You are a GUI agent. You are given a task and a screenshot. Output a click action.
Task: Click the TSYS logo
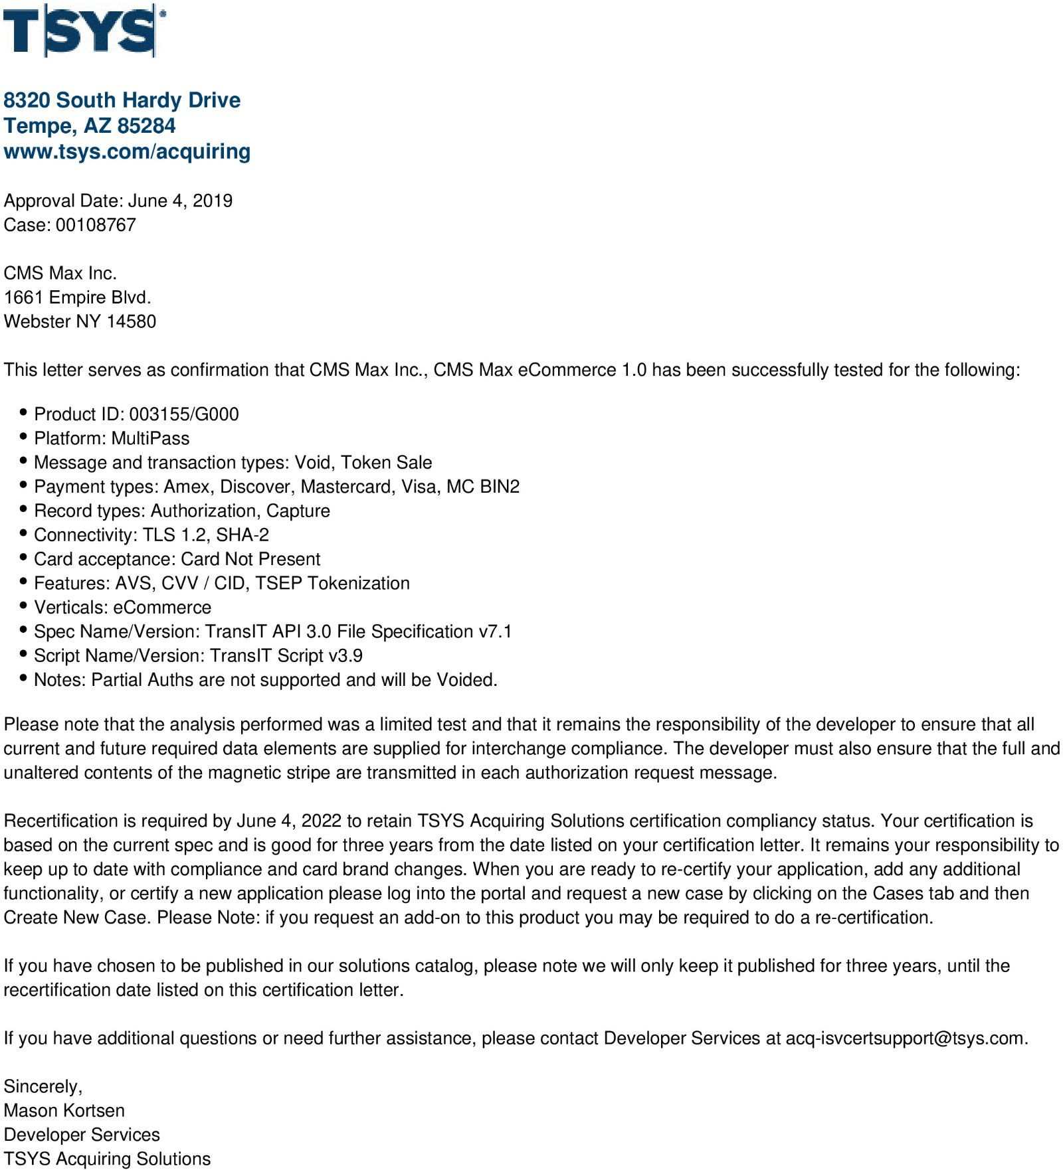coord(84,31)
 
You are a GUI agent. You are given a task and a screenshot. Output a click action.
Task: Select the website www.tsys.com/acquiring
coord(127,151)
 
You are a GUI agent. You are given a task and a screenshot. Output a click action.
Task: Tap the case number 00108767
coord(96,225)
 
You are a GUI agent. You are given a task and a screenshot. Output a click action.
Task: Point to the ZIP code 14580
coord(131,321)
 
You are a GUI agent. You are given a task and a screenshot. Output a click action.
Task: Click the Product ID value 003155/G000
coord(184,414)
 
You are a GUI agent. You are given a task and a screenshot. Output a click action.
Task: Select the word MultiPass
coord(150,438)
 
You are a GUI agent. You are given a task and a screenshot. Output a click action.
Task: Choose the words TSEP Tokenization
coord(332,584)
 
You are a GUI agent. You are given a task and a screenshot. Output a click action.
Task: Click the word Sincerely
coord(43,1086)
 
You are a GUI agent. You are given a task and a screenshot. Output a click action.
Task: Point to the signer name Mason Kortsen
coord(64,1111)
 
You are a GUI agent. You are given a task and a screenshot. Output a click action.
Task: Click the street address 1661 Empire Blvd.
coord(77,297)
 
